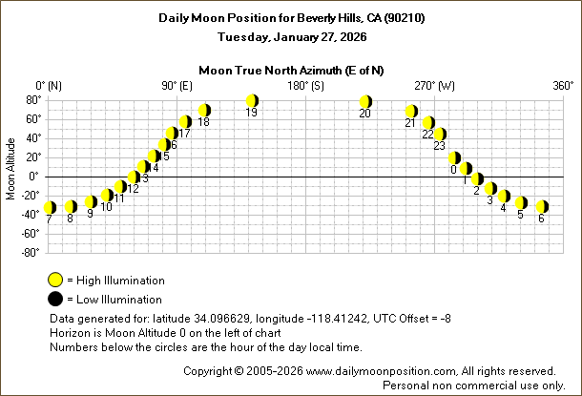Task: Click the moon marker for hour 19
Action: pos(252,101)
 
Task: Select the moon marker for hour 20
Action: pos(365,102)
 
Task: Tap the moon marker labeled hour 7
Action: pos(50,207)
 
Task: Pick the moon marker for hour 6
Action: pos(542,206)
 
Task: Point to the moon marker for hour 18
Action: pos(203,111)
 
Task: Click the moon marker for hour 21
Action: pos(411,112)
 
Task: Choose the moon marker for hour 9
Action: pos(91,202)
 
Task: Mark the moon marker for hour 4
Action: pos(504,197)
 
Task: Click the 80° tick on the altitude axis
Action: pos(31,99)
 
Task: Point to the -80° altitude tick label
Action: pos(30,252)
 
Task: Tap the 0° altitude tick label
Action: pos(34,176)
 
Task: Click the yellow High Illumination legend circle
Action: pos(55,281)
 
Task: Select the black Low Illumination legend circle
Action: pos(55,300)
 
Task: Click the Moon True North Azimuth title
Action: pos(291,70)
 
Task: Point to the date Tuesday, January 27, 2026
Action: pos(291,36)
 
